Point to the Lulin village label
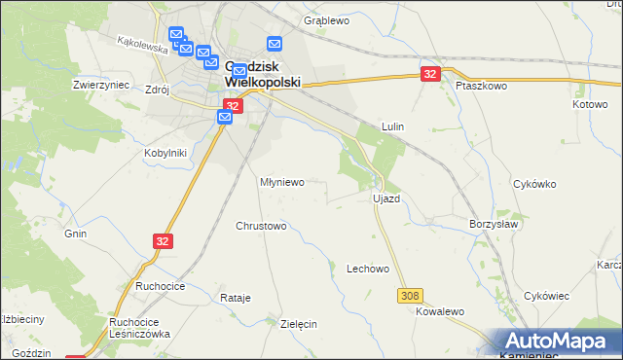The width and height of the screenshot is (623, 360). point(392,126)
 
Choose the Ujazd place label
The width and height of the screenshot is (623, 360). point(386,198)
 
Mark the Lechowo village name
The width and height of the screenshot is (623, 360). point(368,269)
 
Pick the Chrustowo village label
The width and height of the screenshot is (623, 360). point(261,226)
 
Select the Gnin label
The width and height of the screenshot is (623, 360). point(76,234)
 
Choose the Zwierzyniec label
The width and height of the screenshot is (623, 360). point(101,85)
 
